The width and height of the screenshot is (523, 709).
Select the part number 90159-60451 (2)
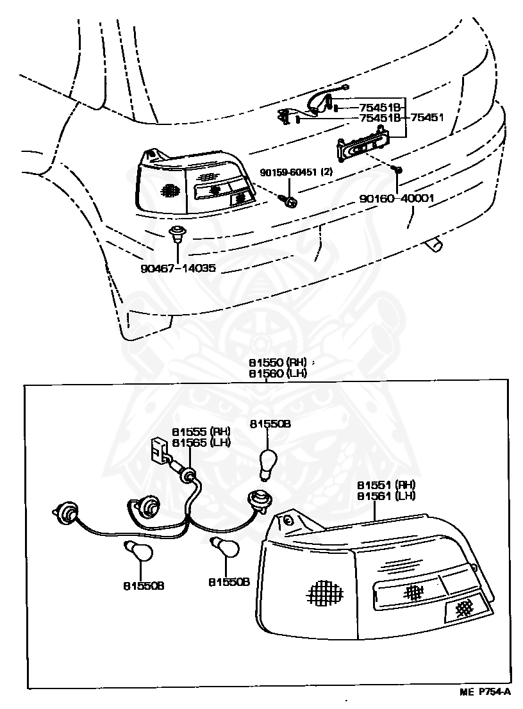click(x=295, y=172)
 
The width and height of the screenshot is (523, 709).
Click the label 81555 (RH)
click(x=201, y=432)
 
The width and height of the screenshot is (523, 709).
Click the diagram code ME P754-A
click(x=485, y=692)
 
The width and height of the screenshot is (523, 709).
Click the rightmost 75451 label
click(x=427, y=117)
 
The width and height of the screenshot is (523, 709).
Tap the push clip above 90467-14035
click(x=176, y=233)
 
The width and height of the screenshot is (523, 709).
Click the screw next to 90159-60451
click(x=288, y=201)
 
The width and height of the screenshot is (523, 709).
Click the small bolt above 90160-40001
click(x=397, y=170)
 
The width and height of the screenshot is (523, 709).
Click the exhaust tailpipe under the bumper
click(x=435, y=244)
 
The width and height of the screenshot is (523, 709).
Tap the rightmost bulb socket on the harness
click(x=259, y=497)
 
